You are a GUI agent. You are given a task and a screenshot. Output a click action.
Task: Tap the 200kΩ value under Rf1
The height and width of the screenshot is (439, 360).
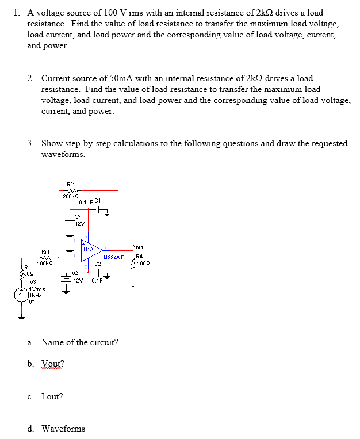click(71, 196)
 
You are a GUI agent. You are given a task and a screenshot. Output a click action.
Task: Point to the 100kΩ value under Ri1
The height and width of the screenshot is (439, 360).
click(45, 264)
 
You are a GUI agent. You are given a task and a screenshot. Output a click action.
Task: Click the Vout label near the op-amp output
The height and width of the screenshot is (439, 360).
click(139, 246)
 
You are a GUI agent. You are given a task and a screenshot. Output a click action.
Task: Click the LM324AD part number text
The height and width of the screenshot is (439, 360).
click(112, 257)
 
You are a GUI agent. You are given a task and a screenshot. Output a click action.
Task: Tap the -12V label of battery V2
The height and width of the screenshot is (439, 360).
click(79, 281)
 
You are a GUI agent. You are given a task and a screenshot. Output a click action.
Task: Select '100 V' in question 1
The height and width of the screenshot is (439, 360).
click(102, 13)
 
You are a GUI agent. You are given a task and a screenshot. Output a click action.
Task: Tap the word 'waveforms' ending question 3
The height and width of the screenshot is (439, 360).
click(63, 154)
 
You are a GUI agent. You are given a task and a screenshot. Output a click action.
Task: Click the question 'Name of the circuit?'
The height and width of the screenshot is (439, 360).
click(80, 342)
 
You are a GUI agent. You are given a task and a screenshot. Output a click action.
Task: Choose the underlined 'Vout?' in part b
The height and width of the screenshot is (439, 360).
click(53, 364)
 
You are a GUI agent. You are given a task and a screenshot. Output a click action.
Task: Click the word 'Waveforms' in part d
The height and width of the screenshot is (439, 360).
click(63, 429)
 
